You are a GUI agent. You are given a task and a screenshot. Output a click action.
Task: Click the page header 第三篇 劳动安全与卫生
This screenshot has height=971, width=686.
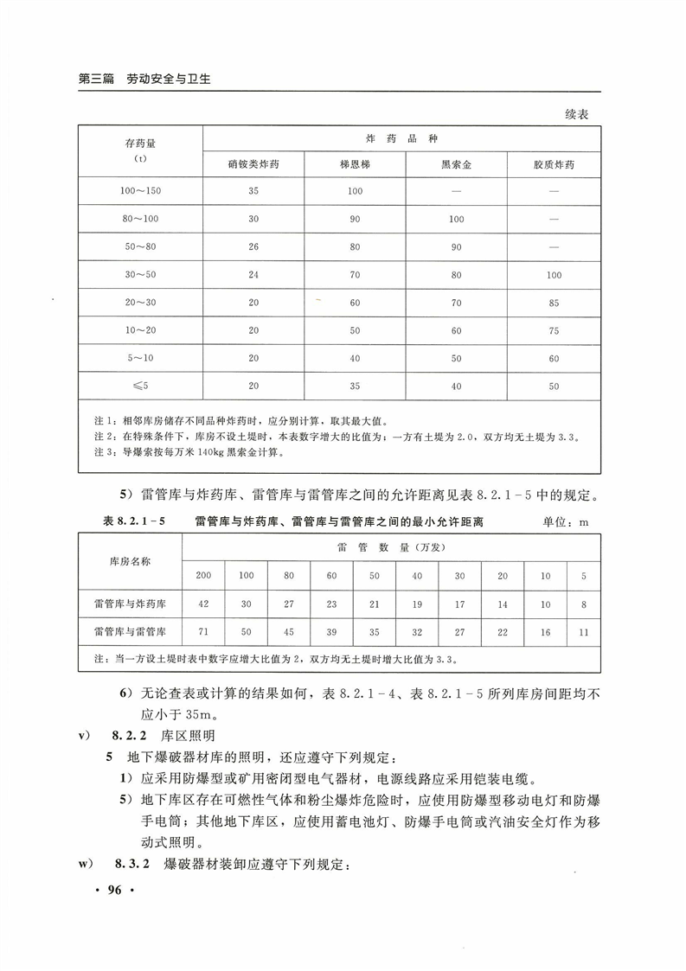coord(145,79)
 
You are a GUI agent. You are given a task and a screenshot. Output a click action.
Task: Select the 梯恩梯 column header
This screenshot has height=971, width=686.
coord(355,163)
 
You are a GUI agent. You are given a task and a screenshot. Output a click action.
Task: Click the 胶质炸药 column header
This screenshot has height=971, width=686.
coord(554,163)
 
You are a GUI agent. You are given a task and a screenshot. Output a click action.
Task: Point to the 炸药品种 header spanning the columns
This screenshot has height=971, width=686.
coord(401,138)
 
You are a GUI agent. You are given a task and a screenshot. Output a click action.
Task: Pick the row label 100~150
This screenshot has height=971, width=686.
coord(140,191)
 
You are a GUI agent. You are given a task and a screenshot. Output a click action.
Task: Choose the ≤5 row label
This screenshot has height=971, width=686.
coord(140,386)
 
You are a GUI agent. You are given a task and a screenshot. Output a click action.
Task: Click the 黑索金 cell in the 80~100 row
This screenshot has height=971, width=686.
coord(456,220)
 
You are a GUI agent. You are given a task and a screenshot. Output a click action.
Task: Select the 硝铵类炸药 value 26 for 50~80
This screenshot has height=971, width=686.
coord(253,247)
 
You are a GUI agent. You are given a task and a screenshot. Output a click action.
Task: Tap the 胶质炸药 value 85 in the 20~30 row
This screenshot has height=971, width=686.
coord(554,303)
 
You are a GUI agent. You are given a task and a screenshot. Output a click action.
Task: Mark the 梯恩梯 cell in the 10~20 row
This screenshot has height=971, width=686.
coord(355,330)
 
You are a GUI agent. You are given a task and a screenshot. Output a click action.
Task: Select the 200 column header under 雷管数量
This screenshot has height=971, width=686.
coord(203,575)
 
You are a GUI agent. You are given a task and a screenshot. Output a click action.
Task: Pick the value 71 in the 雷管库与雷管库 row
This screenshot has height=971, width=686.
coord(203,633)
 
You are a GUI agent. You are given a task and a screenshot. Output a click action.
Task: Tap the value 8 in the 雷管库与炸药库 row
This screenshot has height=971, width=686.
coord(584,604)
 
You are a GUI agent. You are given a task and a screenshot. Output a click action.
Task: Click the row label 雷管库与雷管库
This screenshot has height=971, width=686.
coord(130,633)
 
